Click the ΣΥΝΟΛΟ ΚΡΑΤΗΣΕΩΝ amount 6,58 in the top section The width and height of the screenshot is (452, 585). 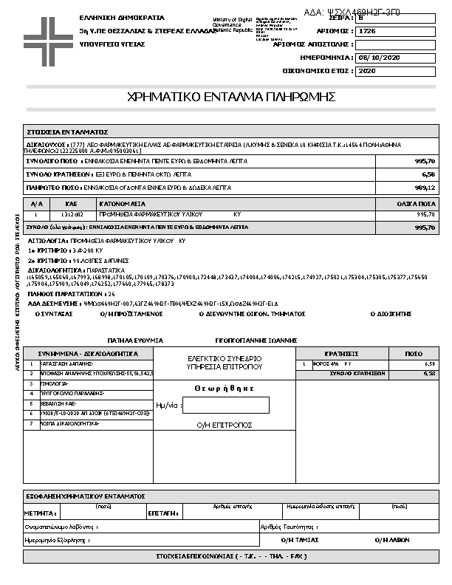pyautogui.click(x=428, y=174)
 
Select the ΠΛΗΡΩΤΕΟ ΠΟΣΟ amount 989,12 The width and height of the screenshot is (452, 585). pyautogui.click(x=426, y=188)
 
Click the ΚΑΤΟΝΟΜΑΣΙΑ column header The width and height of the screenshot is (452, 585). pyautogui.click(x=123, y=202)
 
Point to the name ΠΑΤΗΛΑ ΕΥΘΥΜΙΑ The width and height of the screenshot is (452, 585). pyautogui.click(x=134, y=340)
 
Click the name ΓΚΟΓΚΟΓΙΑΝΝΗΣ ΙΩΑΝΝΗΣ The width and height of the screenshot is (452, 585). pyautogui.click(x=256, y=340)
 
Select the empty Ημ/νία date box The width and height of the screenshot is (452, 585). pyautogui.click(x=225, y=405)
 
